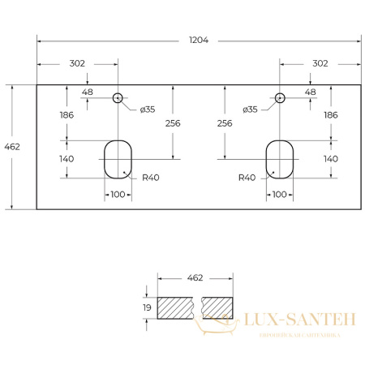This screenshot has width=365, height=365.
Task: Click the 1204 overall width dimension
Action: pos(199,40)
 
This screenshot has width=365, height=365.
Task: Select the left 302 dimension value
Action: pos(77,63)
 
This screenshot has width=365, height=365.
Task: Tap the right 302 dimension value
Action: pos(320,63)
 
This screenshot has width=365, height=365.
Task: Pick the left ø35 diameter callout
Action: pos(148,109)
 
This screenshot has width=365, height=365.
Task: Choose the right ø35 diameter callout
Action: pos(250,109)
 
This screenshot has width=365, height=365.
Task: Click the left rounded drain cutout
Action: pos(105,160)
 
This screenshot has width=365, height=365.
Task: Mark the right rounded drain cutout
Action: pos(266,160)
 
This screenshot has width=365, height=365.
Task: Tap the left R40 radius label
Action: pos(151,178)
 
